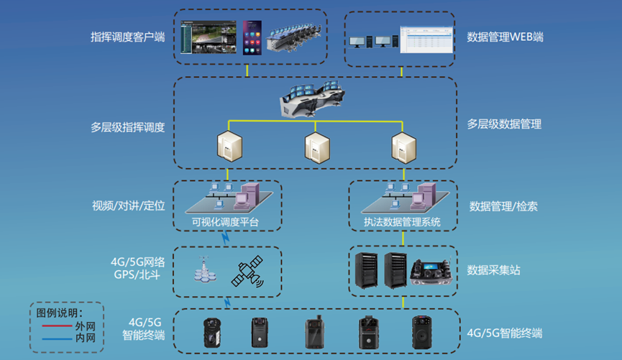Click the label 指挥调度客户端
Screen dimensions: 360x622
[x=128, y=37]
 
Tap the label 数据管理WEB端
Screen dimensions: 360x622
[x=504, y=37]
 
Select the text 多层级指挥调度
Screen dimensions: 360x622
[x=128, y=128]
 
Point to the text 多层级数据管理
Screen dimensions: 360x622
[x=504, y=124]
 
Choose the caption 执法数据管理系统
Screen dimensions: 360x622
[x=402, y=222]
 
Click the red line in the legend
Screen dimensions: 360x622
[x=53, y=326]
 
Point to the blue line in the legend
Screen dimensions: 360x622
[x=53, y=337]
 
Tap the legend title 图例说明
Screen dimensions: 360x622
[x=60, y=313]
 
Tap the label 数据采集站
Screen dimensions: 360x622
[x=493, y=270]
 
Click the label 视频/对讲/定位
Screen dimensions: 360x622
[x=128, y=206]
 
